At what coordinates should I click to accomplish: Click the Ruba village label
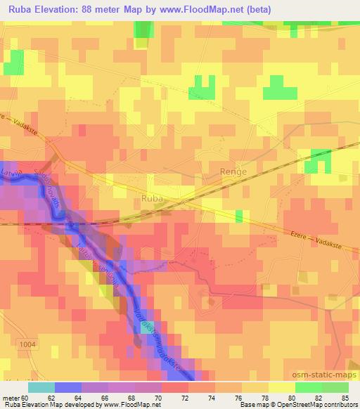pyautogui.click(x=153, y=198)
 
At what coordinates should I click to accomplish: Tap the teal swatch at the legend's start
pyautogui.click(x=41, y=387)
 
